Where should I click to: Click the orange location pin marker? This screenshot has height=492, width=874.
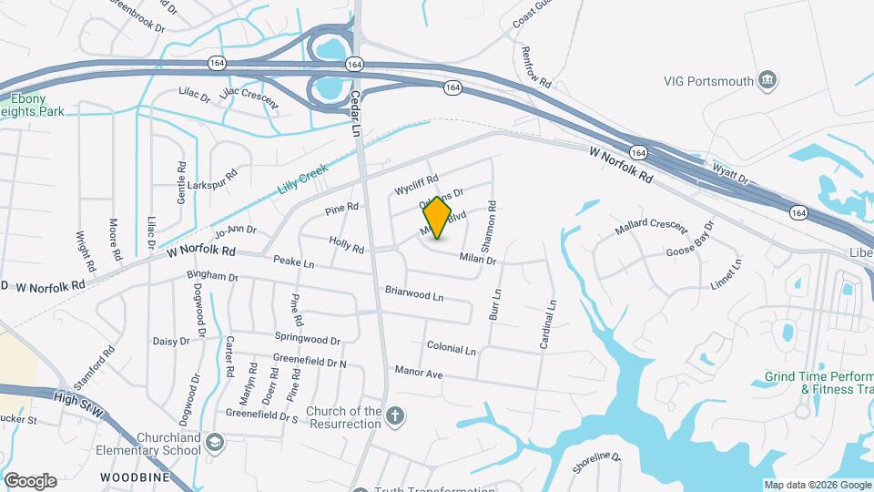pos(438,218)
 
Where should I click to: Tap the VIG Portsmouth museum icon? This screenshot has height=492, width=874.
pos(767,81)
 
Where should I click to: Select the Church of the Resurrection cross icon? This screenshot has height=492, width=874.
pos(394,417)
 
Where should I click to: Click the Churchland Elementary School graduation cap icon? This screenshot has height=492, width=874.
pos(214,444)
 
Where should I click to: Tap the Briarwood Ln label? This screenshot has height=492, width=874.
pos(413,295)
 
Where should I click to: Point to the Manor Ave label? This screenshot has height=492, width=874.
pos(419,373)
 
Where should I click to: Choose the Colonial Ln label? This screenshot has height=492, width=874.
pos(451,349)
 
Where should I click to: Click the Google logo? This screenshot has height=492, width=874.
pos(30,481)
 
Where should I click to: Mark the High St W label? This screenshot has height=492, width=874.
pos(80,398)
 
